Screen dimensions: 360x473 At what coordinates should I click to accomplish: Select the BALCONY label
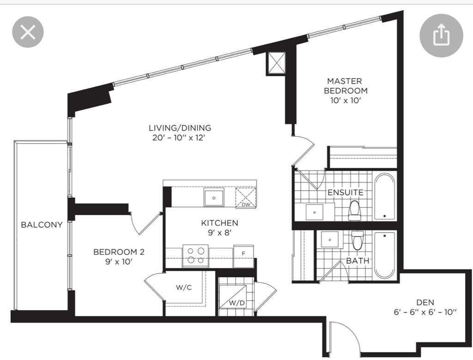pos(42,225)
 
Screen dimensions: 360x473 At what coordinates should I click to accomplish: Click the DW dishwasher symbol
pos(246,198)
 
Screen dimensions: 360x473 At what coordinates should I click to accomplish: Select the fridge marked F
pos(243,256)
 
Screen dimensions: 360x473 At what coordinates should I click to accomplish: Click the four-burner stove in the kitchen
pos(195,256)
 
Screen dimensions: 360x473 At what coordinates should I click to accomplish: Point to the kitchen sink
pos(214,198)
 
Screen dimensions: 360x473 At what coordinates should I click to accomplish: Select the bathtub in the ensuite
pos(384,196)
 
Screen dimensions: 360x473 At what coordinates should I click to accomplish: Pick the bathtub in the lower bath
pos(384,255)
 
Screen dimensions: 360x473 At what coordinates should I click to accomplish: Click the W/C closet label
pos(183,287)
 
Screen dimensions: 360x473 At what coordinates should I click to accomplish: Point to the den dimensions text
pos(422,312)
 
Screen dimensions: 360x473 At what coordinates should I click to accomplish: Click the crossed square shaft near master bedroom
pos(276,63)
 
